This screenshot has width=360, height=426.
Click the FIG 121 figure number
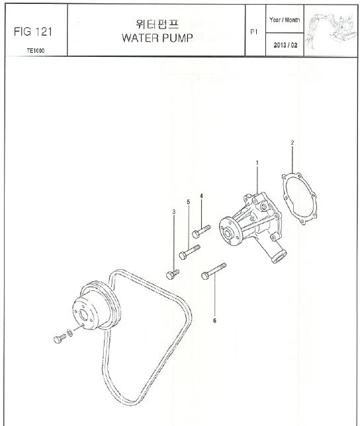[x=33, y=32]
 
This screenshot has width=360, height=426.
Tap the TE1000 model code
[x=36, y=50]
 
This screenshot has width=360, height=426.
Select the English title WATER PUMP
[x=157, y=38]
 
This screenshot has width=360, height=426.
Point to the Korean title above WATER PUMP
[x=157, y=24]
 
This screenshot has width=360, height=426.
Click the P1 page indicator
[x=253, y=32]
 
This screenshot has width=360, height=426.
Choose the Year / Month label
[x=285, y=20]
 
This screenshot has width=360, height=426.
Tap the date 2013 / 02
[x=285, y=45]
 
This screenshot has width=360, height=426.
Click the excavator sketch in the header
[x=331, y=31]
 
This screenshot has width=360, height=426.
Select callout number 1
[x=257, y=163]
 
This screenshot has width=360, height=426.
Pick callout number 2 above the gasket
[x=292, y=142]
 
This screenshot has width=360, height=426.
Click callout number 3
[x=174, y=212]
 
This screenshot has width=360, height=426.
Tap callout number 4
[x=201, y=196]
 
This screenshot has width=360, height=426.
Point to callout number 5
[x=189, y=202]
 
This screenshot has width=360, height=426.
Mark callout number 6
[x=214, y=321]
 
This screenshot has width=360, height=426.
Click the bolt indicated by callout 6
[x=214, y=271]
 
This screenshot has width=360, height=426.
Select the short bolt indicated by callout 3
[x=173, y=275]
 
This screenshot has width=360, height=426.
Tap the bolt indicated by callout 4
[x=201, y=232]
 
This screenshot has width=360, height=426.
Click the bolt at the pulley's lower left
[x=60, y=339]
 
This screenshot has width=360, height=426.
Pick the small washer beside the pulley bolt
[x=70, y=333]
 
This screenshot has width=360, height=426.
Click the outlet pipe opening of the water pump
[x=279, y=257]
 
